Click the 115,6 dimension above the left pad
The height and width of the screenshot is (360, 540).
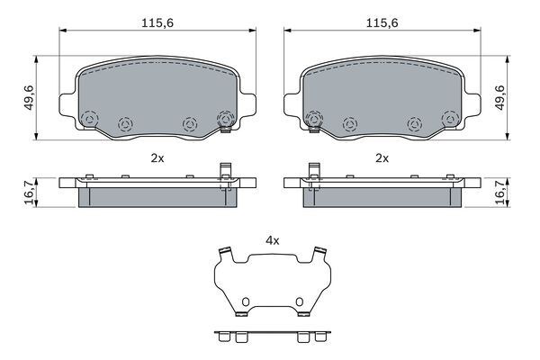pos(157,23)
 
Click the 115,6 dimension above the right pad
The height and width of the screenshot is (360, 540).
pos(382,23)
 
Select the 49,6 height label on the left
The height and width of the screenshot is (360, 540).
pos(30,97)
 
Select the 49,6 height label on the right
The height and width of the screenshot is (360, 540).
pos(499,97)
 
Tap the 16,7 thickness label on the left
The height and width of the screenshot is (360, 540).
pos(30,193)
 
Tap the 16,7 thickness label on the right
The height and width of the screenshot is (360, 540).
pos(500,193)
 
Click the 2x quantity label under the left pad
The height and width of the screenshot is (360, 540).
pos(157,158)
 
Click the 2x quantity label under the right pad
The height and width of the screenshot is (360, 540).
pos(382,158)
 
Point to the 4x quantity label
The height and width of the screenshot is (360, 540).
pos(273,240)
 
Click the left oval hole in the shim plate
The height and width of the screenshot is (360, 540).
pos(246,302)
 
